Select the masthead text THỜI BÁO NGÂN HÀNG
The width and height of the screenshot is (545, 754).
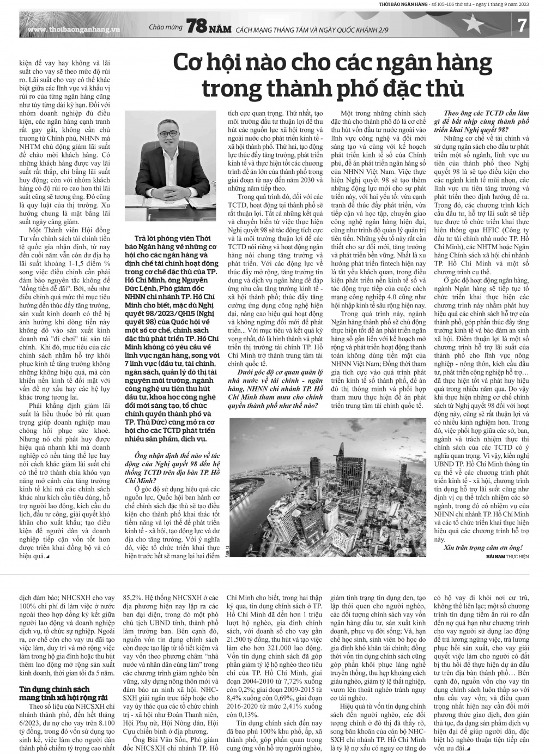coord(402,4)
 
